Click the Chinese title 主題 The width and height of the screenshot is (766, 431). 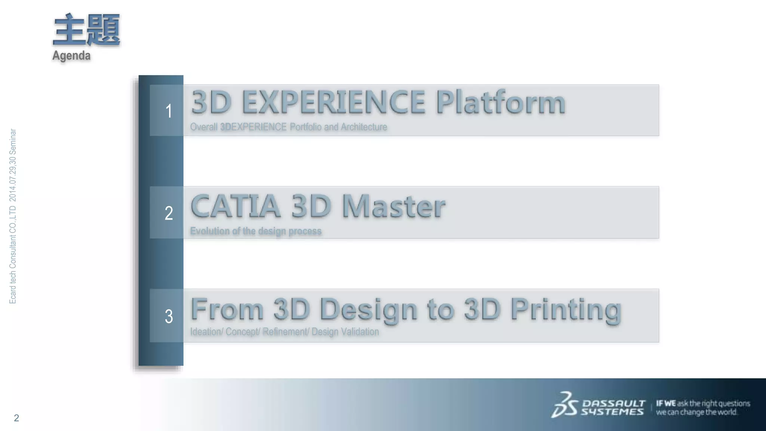click(x=86, y=30)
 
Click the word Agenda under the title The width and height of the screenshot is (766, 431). click(x=71, y=56)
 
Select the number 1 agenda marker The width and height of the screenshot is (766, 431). click(x=169, y=111)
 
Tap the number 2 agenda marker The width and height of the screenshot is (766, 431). click(x=169, y=213)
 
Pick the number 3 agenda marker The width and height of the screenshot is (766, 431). click(x=169, y=316)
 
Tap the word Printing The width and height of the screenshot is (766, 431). click(x=566, y=310)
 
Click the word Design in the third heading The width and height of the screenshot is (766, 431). click(x=368, y=310)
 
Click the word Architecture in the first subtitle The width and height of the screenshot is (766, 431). click(x=364, y=127)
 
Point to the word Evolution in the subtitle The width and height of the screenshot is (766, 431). click(x=210, y=231)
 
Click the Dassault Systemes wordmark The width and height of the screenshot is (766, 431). click(x=613, y=407)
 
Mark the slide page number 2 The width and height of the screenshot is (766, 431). click(x=16, y=418)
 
